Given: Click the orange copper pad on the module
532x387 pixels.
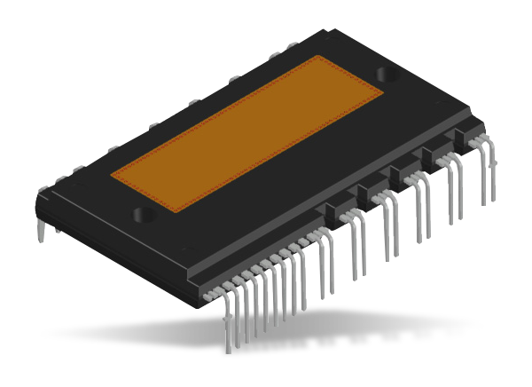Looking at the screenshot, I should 248,133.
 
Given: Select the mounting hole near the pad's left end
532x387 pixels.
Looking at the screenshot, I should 142,214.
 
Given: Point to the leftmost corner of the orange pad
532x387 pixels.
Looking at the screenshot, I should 112,175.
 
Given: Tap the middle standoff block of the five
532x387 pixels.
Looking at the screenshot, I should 401,173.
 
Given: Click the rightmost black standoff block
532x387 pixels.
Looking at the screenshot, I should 464,138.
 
